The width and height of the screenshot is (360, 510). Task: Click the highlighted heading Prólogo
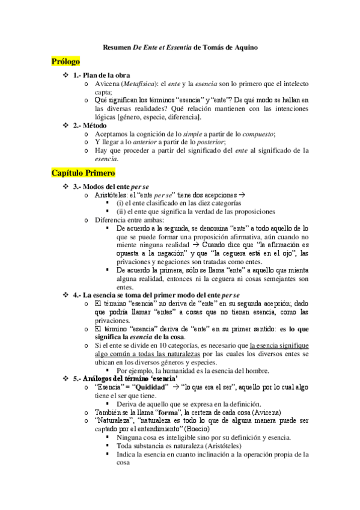coord(66,61)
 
